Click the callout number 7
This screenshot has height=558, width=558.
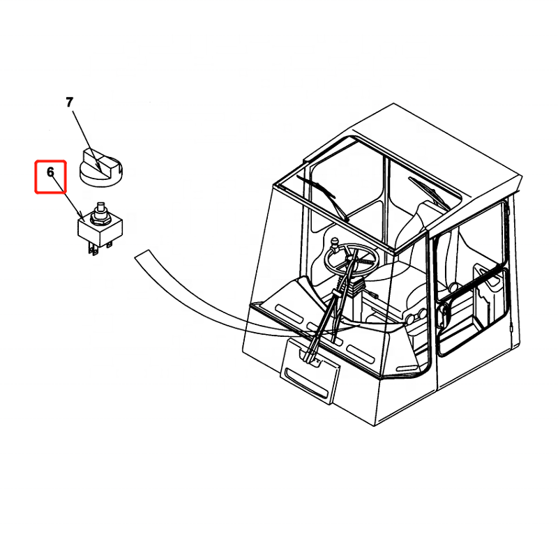pos(69,103)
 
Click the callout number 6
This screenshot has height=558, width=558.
pos(50,172)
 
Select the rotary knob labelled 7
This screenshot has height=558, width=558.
pos(101,168)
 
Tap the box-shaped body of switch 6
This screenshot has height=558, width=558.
pos(100,231)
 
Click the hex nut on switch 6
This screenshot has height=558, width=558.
pos(100,218)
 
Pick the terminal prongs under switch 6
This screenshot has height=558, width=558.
pos(99,248)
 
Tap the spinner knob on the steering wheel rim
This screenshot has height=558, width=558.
pos(334,244)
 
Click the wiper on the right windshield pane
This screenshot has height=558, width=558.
pos(428,193)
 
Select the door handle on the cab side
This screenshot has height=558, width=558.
pos(442,315)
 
